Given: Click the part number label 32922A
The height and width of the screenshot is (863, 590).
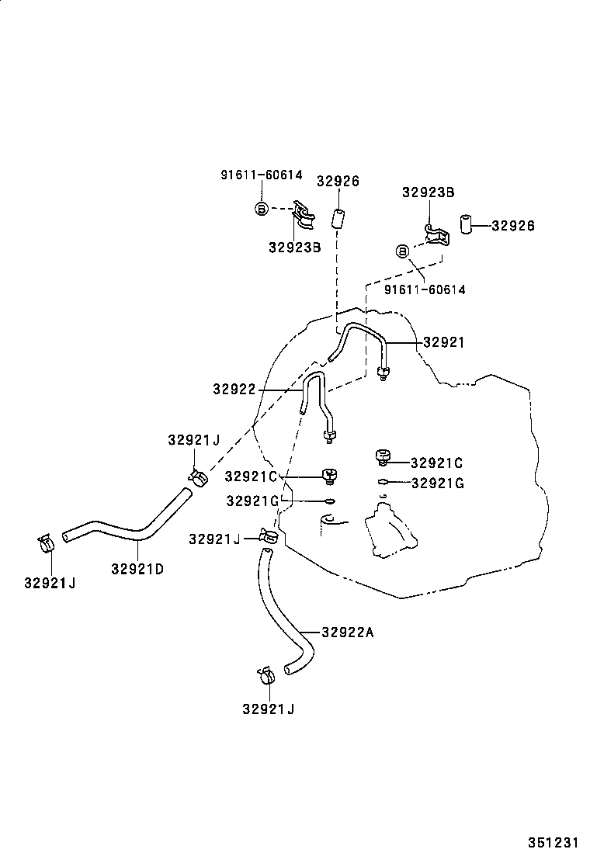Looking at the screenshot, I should pos(347,633).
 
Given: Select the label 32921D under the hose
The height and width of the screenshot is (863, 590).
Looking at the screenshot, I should pos(137,568).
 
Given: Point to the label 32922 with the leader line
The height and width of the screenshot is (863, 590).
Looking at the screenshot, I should pos(234,389).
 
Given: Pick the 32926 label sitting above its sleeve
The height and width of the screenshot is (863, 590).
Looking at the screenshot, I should pos(338,182).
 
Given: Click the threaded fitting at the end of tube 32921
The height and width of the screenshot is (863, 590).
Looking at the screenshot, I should pos(383,373).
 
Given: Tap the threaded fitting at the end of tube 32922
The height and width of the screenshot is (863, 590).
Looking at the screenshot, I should pos(331,437).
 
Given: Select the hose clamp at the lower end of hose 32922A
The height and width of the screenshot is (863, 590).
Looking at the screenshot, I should pos(265,675).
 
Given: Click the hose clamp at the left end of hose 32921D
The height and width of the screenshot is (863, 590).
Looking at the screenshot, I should pos(47,542).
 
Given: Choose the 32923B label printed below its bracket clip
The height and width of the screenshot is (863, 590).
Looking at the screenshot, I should pos(295,248).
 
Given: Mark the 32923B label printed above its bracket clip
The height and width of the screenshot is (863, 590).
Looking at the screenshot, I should pos(428,192).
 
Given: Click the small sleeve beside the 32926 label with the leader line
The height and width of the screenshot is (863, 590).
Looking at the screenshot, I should pos(467,225).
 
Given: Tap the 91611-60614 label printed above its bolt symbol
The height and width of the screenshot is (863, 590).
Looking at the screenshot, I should pos(261,175).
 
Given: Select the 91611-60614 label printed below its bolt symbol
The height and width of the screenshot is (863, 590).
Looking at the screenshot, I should pos(425,289).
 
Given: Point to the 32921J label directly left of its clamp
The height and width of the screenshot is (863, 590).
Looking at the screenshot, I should pos(214,539).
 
